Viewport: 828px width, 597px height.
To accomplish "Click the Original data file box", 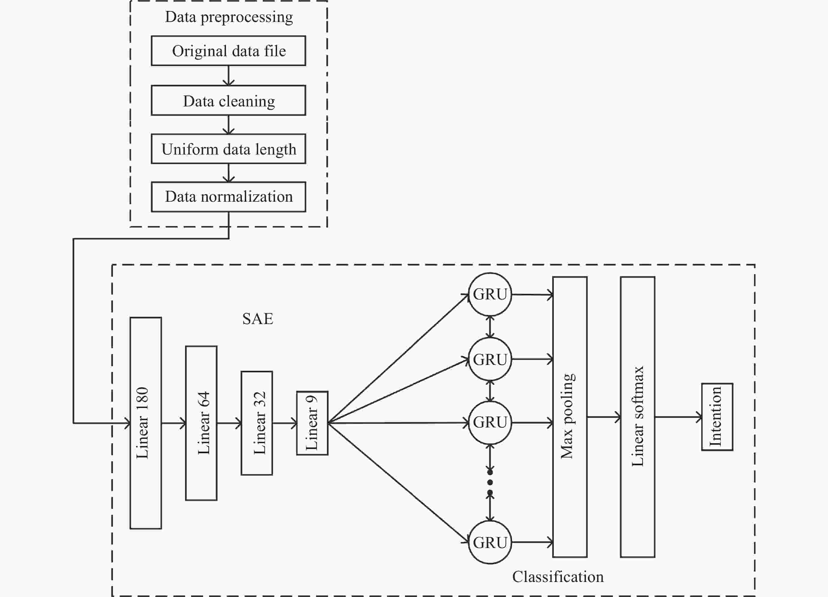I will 229,51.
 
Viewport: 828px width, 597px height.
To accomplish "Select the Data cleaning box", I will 229,100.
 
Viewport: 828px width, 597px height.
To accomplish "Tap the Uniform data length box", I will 229,149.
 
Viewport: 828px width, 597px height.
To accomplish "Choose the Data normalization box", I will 229,197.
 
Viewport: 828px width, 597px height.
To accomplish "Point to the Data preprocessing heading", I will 229,17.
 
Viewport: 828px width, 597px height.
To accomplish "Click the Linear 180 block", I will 146,423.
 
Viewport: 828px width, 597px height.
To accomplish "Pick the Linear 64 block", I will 201,423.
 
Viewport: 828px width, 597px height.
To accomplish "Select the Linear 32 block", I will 257,423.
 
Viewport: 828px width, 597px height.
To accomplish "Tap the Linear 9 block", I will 312,423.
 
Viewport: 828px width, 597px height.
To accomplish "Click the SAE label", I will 258,319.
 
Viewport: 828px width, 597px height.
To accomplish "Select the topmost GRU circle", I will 490,294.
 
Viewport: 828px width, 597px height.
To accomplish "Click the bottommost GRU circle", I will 490,542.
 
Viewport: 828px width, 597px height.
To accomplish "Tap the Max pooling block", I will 570,417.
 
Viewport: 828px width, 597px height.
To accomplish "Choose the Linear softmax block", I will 638,417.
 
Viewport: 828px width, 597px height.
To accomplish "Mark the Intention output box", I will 717,417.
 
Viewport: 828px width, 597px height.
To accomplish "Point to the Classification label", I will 558,577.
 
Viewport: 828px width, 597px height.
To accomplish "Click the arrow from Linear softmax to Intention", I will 678,417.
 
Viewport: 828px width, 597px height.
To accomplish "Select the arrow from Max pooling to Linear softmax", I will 604,417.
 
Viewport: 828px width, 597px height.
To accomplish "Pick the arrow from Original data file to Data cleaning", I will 229,76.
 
